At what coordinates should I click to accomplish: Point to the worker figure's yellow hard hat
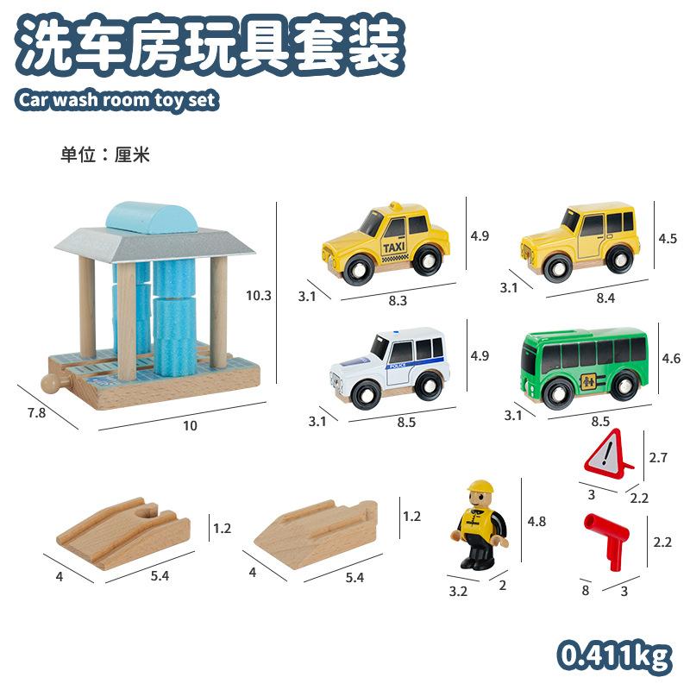[x=479, y=488]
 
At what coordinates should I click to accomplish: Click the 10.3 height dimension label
[x=259, y=295]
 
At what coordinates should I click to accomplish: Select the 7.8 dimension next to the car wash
[x=35, y=413]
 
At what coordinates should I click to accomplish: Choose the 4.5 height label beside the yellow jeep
[x=668, y=239]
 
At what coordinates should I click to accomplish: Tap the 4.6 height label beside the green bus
[x=670, y=356]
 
